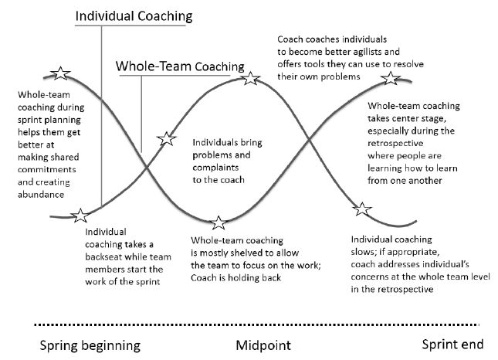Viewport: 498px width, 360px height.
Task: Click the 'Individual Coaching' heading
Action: (134, 16)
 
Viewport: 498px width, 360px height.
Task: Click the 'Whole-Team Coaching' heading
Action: (180, 66)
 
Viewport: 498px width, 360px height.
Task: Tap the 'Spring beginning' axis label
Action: (90, 345)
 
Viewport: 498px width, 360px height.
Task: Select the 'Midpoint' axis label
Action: (263, 345)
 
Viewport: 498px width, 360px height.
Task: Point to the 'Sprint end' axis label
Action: (452, 345)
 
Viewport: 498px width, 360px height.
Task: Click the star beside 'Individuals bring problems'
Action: (167, 139)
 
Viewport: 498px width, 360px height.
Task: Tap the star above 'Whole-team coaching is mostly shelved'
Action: (219, 222)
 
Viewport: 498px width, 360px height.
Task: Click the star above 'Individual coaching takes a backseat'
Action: (80, 216)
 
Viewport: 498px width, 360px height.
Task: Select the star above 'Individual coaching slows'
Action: (362, 209)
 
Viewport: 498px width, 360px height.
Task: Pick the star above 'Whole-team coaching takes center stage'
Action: (391, 78)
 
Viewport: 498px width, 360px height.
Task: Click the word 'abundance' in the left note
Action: (41, 195)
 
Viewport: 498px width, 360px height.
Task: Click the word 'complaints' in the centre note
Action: (215, 168)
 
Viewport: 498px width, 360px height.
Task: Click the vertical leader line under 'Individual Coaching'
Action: (101, 116)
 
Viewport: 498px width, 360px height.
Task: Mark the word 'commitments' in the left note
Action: (47, 169)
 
